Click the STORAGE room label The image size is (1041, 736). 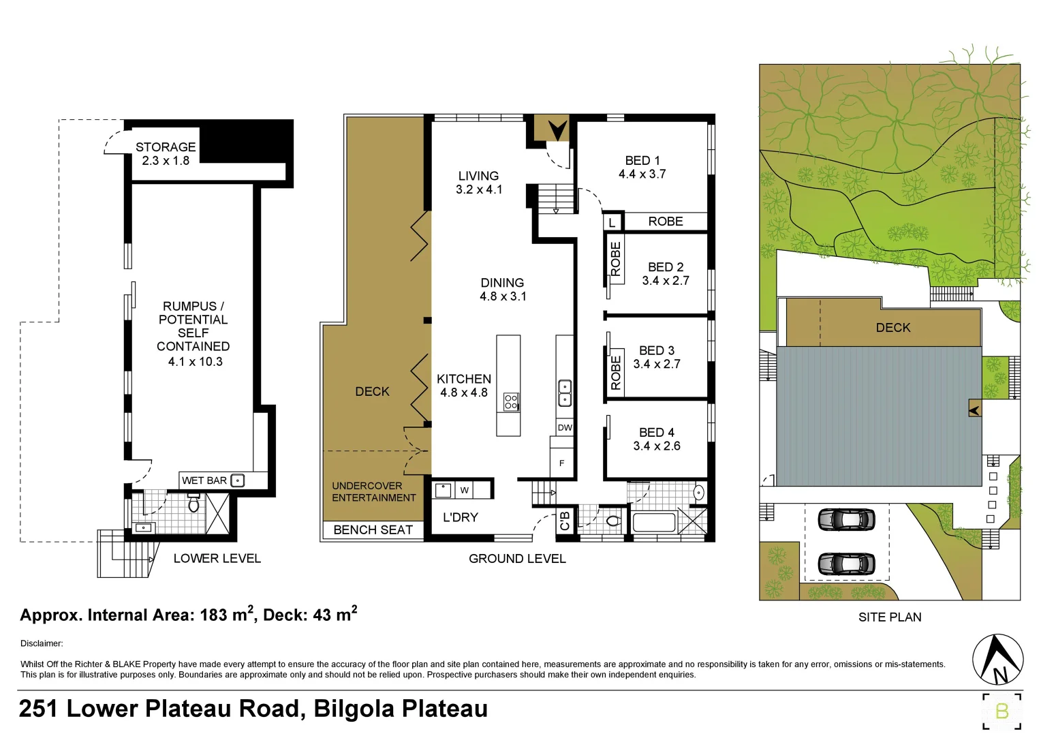[165, 147]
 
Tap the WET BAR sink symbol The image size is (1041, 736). [237, 480]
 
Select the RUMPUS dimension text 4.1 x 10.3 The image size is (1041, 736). [195, 362]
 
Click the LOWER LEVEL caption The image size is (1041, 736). [217, 559]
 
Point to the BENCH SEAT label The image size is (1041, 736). [373, 530]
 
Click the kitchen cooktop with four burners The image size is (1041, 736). [510, 402]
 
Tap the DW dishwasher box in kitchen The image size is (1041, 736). [565, 428]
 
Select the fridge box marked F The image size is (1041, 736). [562, 463]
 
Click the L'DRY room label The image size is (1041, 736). [461, 518]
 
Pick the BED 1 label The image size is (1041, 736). [642, 161]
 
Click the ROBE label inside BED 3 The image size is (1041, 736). [616, 373]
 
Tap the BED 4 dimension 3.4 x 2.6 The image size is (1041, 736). [656, 446]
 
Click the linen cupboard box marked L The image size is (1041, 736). [612, 222]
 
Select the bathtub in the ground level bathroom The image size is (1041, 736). [654, 523]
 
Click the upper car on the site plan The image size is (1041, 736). [846, 519]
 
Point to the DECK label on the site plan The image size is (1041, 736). [892, 328]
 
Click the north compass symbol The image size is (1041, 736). [997, 660]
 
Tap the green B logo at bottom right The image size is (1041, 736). [1001, 711]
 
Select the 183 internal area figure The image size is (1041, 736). [213, 615]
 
